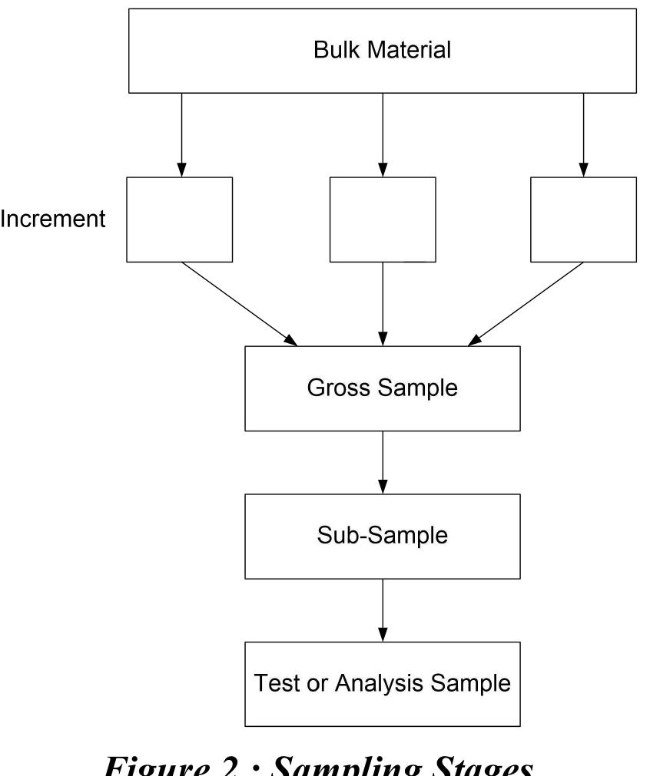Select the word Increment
click(52, 220)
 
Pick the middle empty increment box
click(382, 220)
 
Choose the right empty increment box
click(583, 220)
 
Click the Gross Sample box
click(382, 388)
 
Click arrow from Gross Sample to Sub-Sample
click(382, 461)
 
